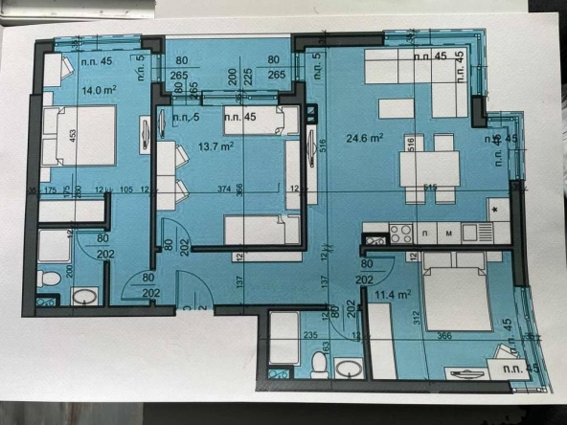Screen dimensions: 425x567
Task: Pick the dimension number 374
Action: click(223, 189)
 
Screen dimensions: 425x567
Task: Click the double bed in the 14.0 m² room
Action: click(79, 137)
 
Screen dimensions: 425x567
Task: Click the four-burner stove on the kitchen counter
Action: click(400, 232)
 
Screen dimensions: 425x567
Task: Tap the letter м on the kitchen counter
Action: click(448, 233)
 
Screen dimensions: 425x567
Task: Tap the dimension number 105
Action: click(125, 189)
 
